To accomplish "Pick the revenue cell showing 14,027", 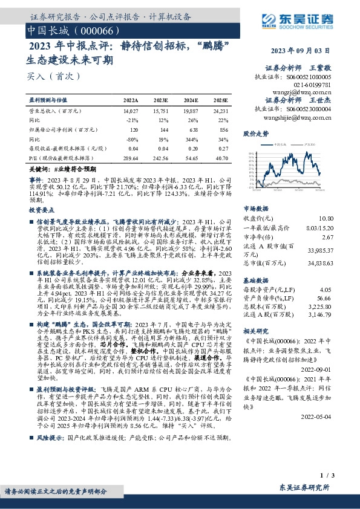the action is click(x=130, y=111).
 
